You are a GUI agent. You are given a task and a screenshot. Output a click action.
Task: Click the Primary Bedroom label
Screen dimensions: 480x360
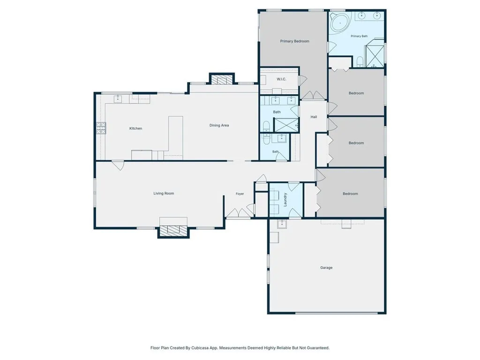tap(294, 41)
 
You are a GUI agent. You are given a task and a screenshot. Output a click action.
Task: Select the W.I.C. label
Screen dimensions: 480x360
tap(281, 79)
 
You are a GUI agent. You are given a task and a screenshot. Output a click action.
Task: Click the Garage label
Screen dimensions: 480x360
tap(326, 268)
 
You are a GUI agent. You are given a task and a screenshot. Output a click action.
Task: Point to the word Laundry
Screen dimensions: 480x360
tap(285, 200)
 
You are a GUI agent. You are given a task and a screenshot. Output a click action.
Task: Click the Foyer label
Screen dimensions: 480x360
tap(240, 194)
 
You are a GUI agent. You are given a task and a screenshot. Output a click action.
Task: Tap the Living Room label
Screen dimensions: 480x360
tap(164, 194)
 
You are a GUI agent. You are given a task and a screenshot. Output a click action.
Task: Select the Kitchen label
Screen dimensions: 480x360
tap(135, 128)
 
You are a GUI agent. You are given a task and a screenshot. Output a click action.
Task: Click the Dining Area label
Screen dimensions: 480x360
tap(219, 125)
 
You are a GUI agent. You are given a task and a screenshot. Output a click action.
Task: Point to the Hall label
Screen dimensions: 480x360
tap(314, 117)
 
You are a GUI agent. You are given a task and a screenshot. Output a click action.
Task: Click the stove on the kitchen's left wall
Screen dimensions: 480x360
tap(101, 128)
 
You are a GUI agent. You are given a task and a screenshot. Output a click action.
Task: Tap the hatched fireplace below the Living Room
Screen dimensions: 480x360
tap(173, 230)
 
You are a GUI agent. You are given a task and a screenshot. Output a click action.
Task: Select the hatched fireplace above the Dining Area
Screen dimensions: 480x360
tap(222, 80)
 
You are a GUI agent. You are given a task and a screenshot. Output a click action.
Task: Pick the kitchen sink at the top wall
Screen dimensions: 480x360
tap(118, 98)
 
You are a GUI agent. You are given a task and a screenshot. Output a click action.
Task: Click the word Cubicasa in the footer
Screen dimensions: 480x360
tap(200, 348)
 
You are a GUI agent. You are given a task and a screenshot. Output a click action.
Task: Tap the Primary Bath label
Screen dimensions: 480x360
tap(359, 36)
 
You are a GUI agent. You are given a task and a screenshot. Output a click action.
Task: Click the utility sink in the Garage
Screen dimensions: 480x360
tap(282, 224)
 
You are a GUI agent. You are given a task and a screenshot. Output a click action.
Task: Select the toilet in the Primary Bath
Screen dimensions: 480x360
tap(360, 61)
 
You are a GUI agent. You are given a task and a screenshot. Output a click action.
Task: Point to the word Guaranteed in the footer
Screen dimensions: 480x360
tap(318, 348)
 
